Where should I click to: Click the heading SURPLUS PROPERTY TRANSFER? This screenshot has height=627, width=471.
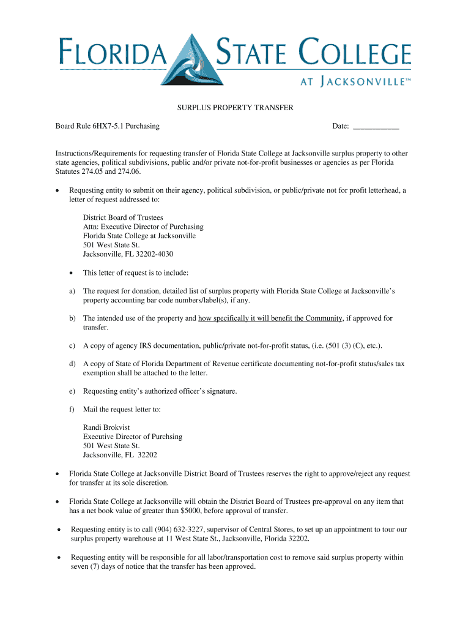click(236, 108)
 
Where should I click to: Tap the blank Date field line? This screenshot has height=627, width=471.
click(376, 127)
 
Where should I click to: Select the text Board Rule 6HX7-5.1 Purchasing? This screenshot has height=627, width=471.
click(108, 126)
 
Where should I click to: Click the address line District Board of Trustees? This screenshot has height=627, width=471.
click(123, 217)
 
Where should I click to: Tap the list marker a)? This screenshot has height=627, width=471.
click(72, 291)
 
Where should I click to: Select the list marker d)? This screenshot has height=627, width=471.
click(72, 364)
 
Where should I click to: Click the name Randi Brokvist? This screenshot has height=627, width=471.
click(108, 427)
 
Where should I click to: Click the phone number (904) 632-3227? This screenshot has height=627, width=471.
click(176, 529)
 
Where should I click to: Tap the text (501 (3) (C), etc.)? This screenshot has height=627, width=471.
click(344, 346)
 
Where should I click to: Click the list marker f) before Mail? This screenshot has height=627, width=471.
click(72, 409)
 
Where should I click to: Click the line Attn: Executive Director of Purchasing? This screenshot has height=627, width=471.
click(140, 227)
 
